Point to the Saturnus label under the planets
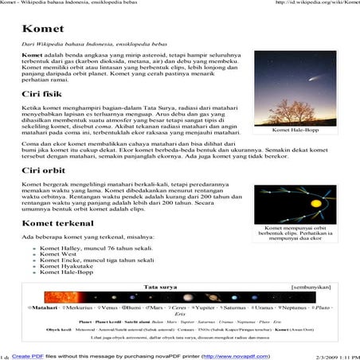(233, 306)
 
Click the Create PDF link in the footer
(27, 356)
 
